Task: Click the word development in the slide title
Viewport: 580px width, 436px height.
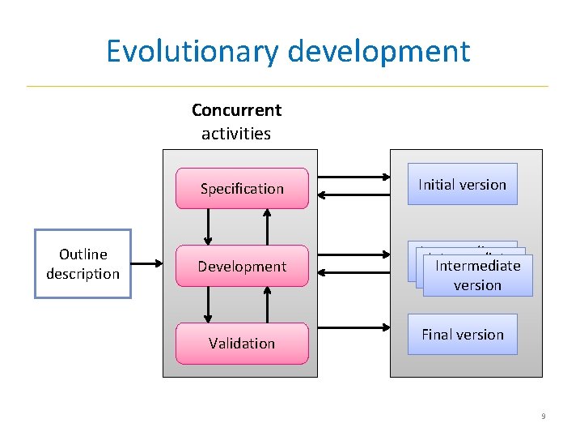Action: (x=379, y=51)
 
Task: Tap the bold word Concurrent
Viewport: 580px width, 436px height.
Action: (x=236, y=109)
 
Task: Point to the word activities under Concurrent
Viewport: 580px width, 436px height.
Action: (x=236, y=133)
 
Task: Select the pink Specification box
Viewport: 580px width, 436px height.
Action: (x=242, y=189)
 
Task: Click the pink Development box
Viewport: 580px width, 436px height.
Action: (x=242, y=267)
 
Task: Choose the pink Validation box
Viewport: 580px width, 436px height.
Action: (x=242, y=344)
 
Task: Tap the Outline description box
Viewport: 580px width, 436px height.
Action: (x=83, y=264)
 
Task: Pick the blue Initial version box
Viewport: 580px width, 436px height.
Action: (x=462, y=185)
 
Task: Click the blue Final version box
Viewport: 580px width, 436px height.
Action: (x=462, y=335)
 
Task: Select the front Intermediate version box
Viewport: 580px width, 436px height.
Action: (x=477, y=276)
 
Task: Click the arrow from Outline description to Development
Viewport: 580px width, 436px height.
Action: (x=150, y=263)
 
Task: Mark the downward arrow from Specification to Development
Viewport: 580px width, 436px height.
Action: (x=209, y=227)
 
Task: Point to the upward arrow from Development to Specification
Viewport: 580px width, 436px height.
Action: (x=268, y=227)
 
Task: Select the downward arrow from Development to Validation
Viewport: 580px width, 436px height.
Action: (x=209, y=305)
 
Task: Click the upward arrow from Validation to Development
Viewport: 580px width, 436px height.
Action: (x=268, y=305)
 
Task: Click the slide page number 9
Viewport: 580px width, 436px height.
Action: (x=543, y=417)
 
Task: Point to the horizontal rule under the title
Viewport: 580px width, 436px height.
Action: (x=287, y=86)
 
